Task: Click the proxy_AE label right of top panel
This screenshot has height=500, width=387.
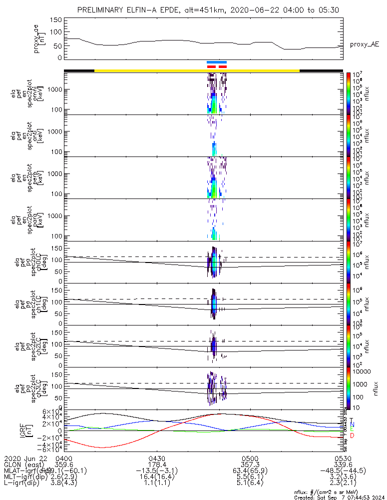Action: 364,44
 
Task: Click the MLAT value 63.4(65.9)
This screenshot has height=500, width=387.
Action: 250,470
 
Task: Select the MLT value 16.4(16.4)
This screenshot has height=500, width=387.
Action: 157,476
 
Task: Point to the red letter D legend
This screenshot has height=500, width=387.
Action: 352,436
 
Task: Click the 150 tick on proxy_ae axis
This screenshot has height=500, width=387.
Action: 56,20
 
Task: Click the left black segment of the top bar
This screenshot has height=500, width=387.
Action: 79,70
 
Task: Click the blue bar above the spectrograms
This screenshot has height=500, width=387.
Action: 217,62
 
